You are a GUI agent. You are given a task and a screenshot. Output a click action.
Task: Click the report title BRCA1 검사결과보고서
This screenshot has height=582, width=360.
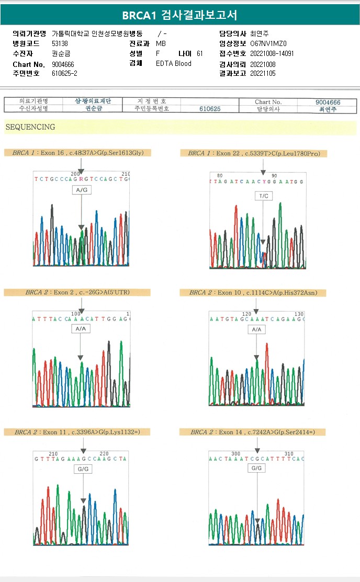[x=179, y=15]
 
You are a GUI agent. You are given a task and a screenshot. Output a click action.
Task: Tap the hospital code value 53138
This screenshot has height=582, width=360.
[x=60, y=43]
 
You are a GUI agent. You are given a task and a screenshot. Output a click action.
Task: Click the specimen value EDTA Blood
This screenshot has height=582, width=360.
[x=174, y=63]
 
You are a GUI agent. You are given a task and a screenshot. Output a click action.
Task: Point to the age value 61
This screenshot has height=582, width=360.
[x=199, y=53]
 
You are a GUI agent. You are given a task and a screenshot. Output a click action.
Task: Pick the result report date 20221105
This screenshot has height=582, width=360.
[x=263, y=73]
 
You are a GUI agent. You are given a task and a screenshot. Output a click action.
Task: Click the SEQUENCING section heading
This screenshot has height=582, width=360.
[x=30, y=127]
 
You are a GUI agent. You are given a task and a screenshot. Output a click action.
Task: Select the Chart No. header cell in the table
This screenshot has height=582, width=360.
[x=268, y=102]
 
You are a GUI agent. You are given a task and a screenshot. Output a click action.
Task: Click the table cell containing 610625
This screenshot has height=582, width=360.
[x=210, y=109]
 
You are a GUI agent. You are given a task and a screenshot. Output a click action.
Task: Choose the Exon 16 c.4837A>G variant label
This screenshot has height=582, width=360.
[x=78, y=153]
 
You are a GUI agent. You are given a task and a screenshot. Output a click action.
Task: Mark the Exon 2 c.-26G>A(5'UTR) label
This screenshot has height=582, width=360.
[x=75, y=292]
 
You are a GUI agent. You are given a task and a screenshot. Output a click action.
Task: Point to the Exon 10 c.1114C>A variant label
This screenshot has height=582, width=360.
[x=252, y=292]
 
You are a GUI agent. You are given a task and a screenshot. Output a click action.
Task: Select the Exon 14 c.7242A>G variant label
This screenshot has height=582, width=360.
[x=252, y=432]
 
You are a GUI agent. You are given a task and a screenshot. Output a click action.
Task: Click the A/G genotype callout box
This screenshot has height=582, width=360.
[x=82, y=190]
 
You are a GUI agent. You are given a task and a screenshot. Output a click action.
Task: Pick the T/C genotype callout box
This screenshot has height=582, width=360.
[x=263, y=196]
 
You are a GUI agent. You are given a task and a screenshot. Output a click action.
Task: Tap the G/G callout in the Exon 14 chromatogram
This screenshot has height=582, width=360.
[x=256, y=468]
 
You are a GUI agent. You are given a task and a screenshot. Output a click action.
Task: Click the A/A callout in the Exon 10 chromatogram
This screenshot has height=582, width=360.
[x=256, y=329]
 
